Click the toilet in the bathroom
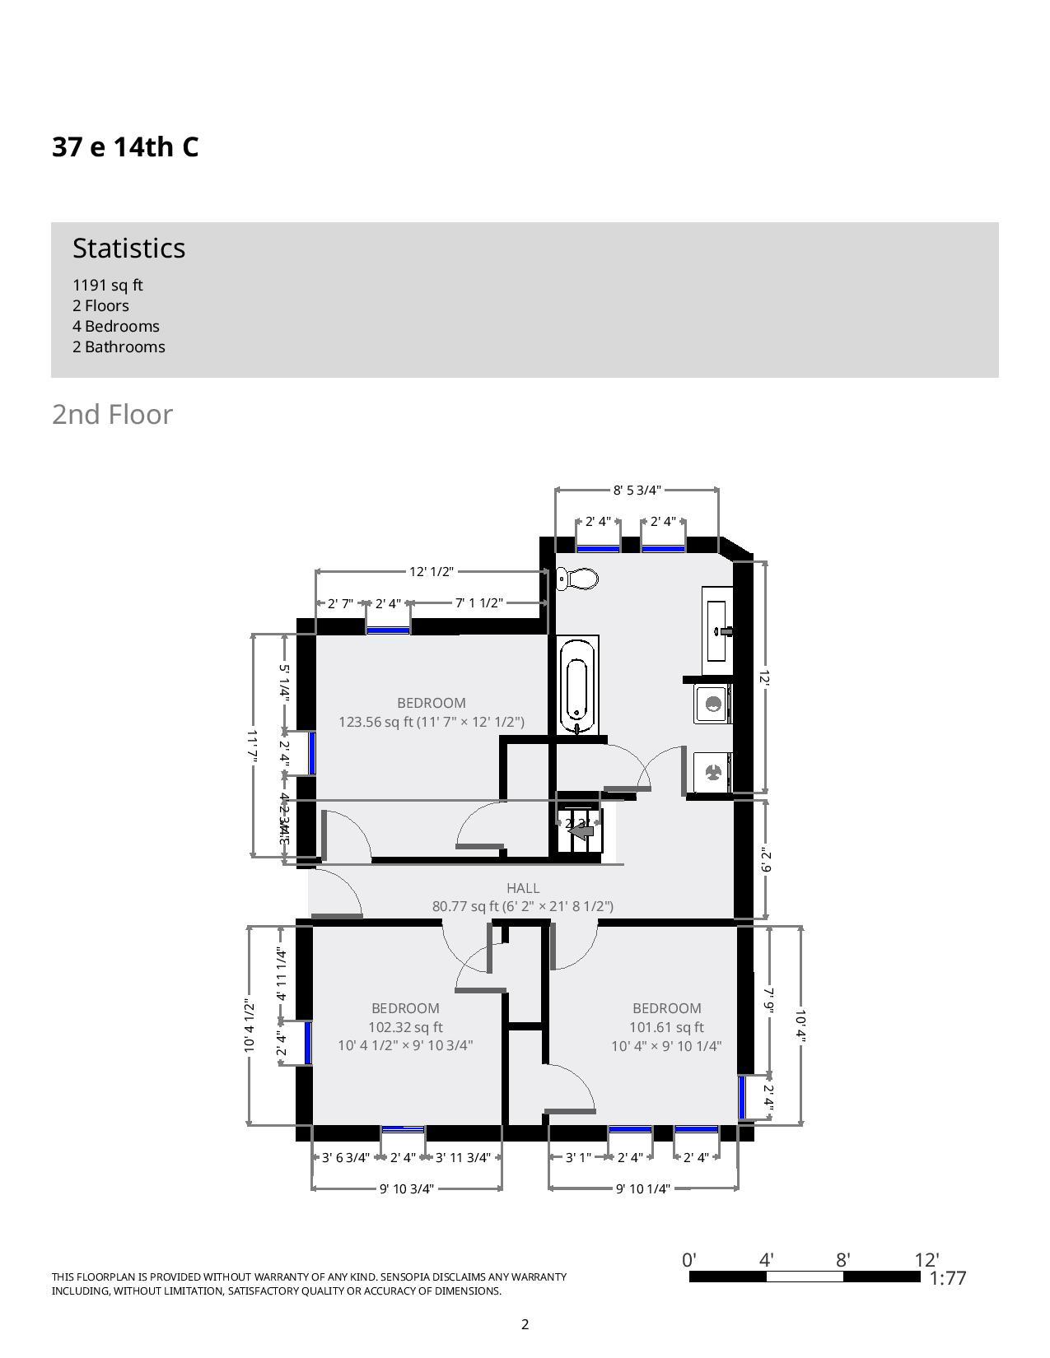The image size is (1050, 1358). tap(579, 579)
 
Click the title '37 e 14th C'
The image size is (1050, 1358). tap(125, 146)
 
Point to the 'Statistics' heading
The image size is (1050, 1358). tap(128, 248)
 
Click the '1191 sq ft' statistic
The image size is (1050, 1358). tap(107, 285)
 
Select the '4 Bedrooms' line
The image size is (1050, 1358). tap(115, 326)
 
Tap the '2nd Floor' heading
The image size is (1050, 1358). tap(112, 414)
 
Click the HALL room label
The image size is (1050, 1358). tap(523, 888)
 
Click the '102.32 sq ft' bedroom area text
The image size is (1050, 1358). tap(405, 1027)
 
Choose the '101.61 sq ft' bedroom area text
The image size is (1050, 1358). tap(666, 1027)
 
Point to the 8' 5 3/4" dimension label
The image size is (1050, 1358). tap(637, 491)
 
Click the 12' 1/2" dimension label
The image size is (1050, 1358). tap(432, 571)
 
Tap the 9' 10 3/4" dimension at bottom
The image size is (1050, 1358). tap(407, 1188)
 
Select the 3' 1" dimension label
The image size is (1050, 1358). tap(578, 1157)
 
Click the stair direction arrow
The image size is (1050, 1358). tap(582, 831)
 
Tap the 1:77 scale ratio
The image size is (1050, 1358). tap(947, 1278)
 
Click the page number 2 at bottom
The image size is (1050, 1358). tap(525, 1324)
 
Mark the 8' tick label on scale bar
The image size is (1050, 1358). tap(842, 1259)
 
